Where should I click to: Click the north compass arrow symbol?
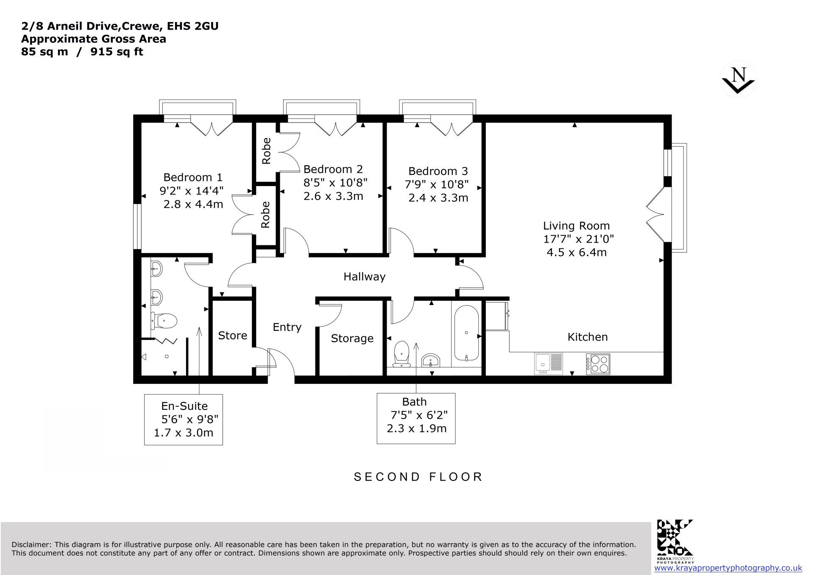click(738, 79)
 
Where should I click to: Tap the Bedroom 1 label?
click(193, 177)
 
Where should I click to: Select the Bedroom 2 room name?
click(333, 169)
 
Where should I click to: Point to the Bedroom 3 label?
click(438, 171)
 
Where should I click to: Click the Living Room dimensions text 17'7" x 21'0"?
click(578, 239)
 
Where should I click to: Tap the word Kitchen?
click(588, 337)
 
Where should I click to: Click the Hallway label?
click(364, 277)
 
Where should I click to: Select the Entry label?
click(287, 328)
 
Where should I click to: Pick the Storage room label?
click(352, 339)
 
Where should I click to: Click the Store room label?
click(232, 336)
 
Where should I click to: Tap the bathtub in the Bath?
click(466, 333)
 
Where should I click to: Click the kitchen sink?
click(549, 364)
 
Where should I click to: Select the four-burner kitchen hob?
click(598, 364)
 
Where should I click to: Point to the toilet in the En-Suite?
click(164, 320)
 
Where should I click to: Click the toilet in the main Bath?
click(401, 354)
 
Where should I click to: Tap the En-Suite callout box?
click(184, 419)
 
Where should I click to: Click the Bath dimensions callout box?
click(416, 419)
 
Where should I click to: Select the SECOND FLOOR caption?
click(418, 477)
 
